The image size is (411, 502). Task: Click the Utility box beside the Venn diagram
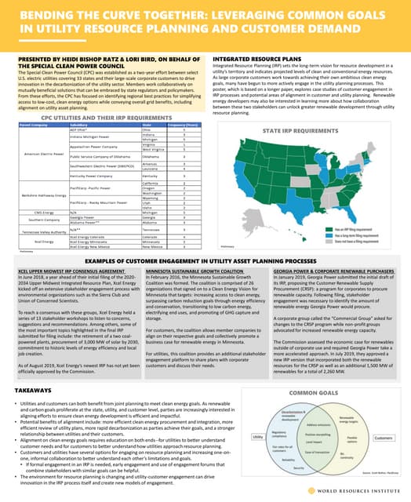pos(256,436)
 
